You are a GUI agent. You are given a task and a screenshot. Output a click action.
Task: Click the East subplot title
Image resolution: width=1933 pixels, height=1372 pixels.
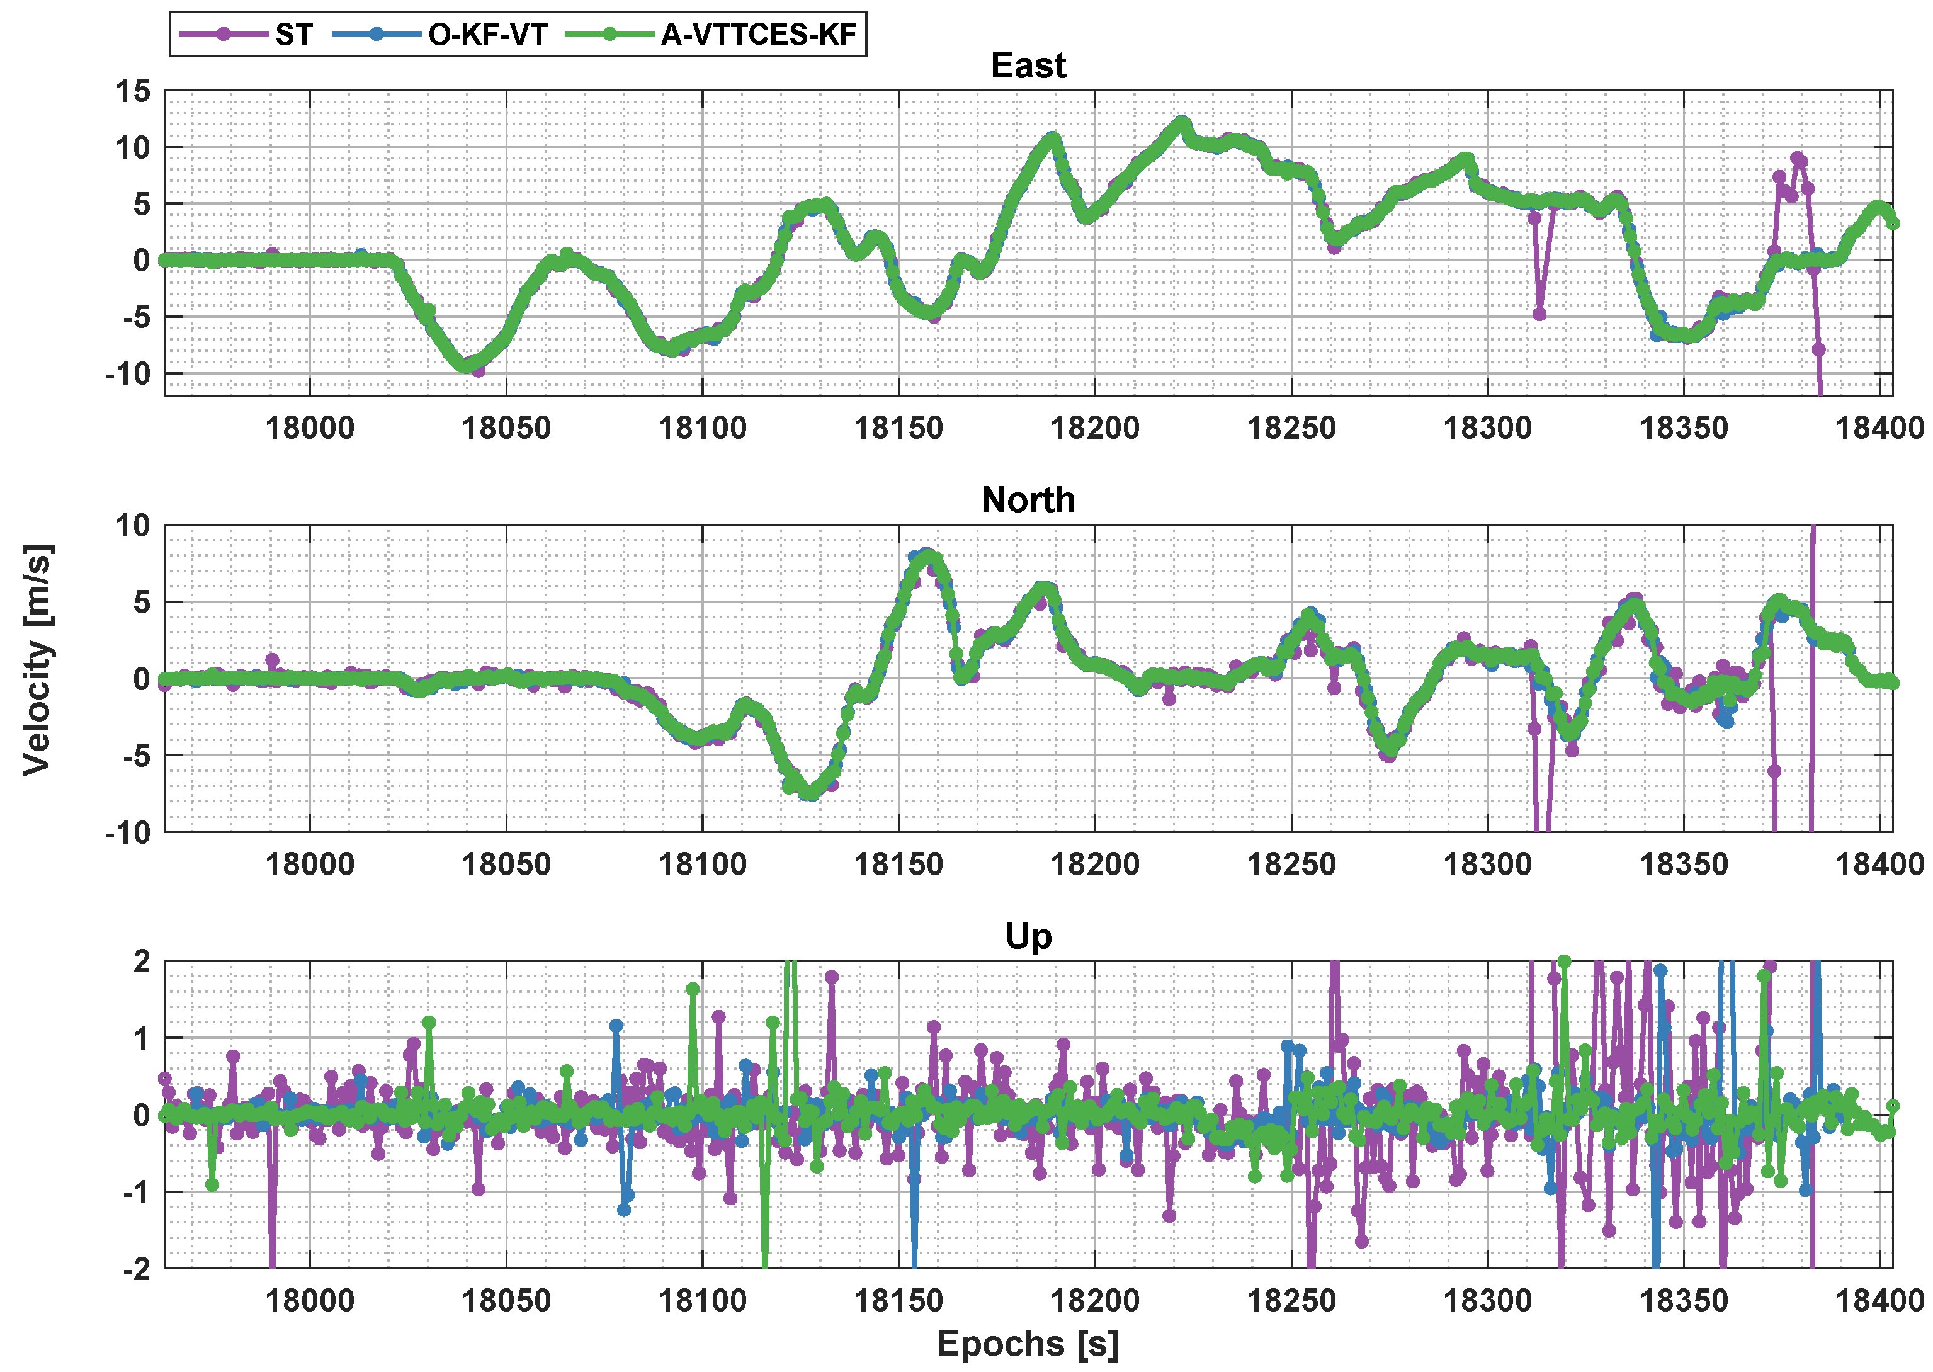(x=1028, y=66)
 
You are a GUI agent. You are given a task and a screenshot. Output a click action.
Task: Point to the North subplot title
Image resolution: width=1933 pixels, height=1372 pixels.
(x=1028, y=500)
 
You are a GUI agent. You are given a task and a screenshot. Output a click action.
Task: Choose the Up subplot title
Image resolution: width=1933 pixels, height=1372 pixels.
(x=1028, y=936)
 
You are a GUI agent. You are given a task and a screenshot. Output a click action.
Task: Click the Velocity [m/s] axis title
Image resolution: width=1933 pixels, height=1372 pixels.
(x=37, y=659)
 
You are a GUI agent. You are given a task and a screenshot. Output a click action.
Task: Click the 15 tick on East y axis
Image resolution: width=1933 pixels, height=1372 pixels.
(x=133, y=91)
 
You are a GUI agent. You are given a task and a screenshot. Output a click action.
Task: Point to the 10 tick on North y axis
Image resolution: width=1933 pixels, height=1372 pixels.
(x=133, y=526)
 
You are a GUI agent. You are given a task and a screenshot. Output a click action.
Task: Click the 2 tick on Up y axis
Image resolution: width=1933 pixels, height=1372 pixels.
(x=141, y=961)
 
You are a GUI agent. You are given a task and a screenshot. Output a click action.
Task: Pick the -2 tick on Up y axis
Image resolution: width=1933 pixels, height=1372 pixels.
(x=136, y=1268)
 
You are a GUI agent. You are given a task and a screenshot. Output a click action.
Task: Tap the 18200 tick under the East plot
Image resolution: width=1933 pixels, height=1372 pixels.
(x=1095, y=428)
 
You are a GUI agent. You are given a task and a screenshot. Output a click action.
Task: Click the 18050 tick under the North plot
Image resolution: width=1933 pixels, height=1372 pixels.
(x=506, y=865)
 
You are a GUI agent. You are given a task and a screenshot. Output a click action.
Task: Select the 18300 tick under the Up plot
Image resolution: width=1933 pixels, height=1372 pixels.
(x=1487, y=1300)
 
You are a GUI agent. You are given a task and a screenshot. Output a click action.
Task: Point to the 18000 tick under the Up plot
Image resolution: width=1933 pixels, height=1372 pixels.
(x=310, y=1300)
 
